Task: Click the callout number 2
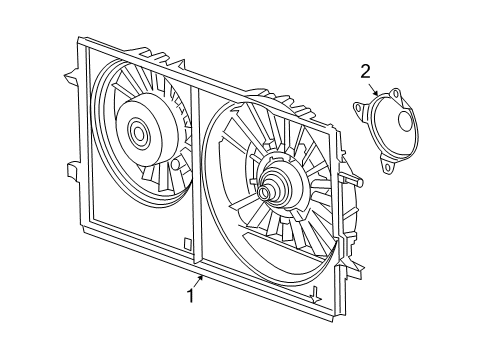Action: click(366, 70)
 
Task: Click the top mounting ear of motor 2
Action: click(397, 96)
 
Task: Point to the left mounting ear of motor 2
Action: click(358, 107)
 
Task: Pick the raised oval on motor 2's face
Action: click(407, 121)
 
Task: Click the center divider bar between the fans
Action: click(195, 170)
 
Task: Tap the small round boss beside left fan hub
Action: click(176, 162)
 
